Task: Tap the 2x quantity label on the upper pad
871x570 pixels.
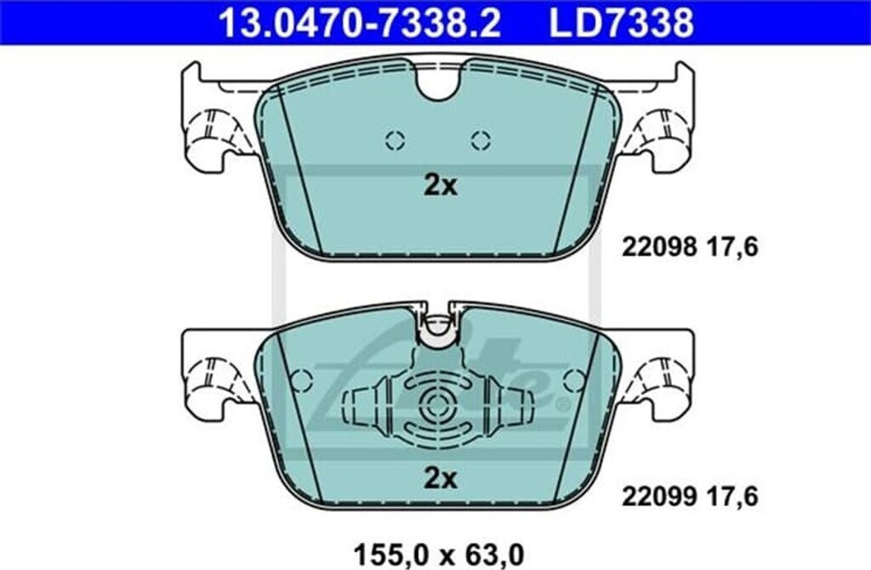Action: tap(440, 186)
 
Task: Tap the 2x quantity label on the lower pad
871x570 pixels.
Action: tap(440, 479)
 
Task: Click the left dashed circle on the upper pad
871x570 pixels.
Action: tap(395, 140)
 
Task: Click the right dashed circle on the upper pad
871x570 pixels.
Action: tap(481, 140)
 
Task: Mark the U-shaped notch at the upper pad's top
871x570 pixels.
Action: tap(439, 82)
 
